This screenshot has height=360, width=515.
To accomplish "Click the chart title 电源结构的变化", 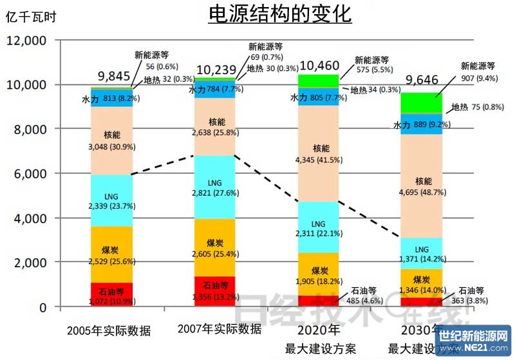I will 279,14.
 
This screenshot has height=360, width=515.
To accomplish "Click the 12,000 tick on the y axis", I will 27,41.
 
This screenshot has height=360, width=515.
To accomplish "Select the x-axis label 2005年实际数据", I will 109,331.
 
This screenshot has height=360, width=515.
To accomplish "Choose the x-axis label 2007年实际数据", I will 219,329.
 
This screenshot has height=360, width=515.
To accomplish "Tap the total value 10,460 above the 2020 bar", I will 319,65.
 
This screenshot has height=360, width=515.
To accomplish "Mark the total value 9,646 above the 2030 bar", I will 422,81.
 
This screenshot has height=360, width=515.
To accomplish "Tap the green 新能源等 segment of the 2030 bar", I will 423,103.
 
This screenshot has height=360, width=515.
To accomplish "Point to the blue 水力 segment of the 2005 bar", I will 111,99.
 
